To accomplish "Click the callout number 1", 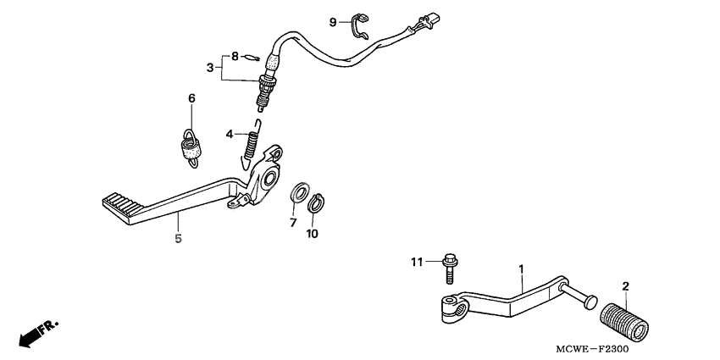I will click(x=521, y=269).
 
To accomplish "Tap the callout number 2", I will click(x=626, y=287).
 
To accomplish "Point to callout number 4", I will click(x=229, y=134).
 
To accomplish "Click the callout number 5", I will click(x=178, y=240).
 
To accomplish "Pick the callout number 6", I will click(x=191, y=99).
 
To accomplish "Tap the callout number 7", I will click(x=293, y=223).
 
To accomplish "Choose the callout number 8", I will click(x=235, y=57).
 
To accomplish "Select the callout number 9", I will click(x=334, y=21).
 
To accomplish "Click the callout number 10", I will click(x=313, y=233).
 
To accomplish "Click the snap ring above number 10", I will click(x=316, y=204).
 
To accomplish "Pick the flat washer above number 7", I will click(x=299, y=192).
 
